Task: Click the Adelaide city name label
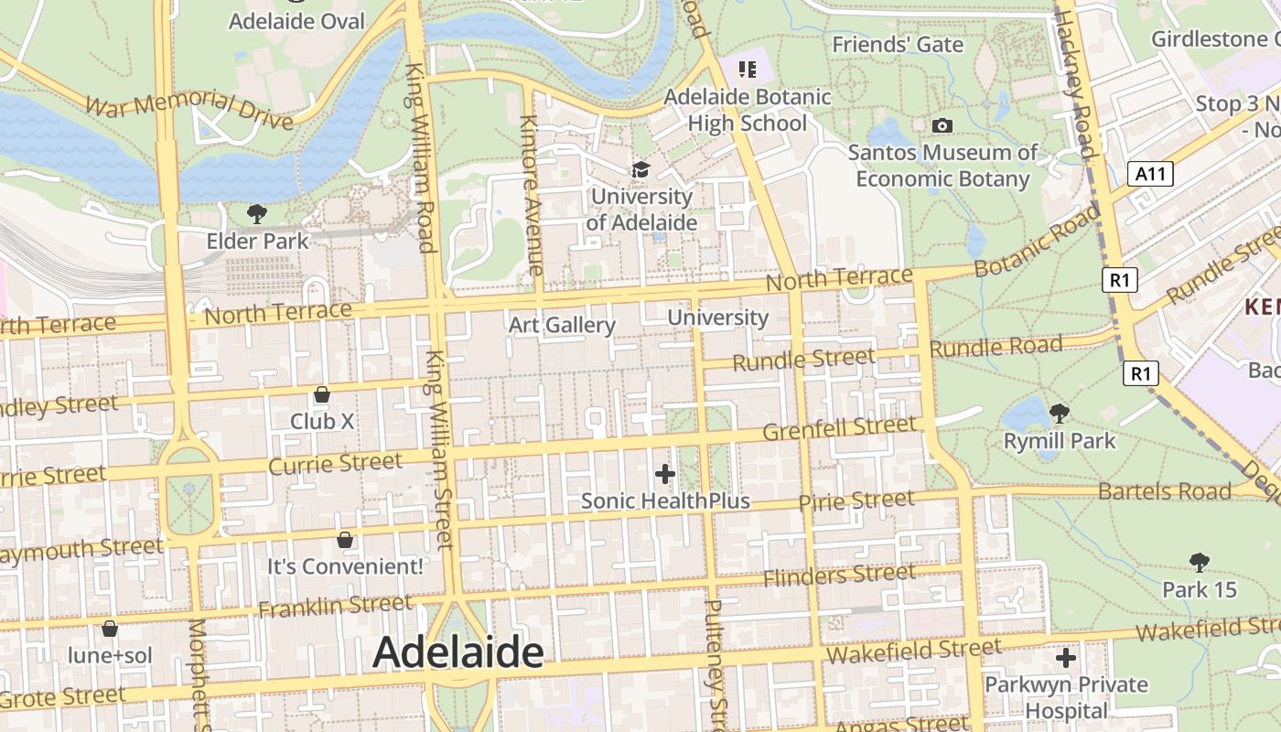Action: coord(458,652)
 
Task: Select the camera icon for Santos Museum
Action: coord(942,125)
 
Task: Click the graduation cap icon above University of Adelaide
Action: coord(640,169)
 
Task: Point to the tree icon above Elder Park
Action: coord(257,214)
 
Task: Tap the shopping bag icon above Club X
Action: coord(322,394)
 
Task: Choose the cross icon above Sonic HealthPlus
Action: coord(665,474)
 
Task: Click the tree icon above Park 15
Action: coord(1199,563)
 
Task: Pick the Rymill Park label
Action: coord(1060,441)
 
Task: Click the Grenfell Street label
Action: coord(839,427)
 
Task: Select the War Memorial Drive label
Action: coord(189,111)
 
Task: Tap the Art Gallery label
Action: coord(562,325)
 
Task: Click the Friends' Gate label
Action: coord(898,44)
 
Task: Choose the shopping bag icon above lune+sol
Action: coord(110,629)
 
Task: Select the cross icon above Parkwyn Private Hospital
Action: coord(1065,658)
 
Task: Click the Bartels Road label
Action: coord(1165,491)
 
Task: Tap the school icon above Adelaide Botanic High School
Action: coord(748,69)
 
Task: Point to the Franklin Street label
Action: coord(335,607)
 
